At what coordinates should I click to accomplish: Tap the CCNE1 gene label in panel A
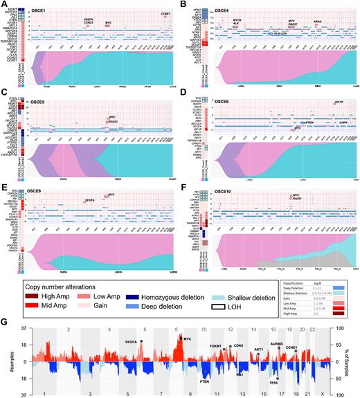click(165, 13)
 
